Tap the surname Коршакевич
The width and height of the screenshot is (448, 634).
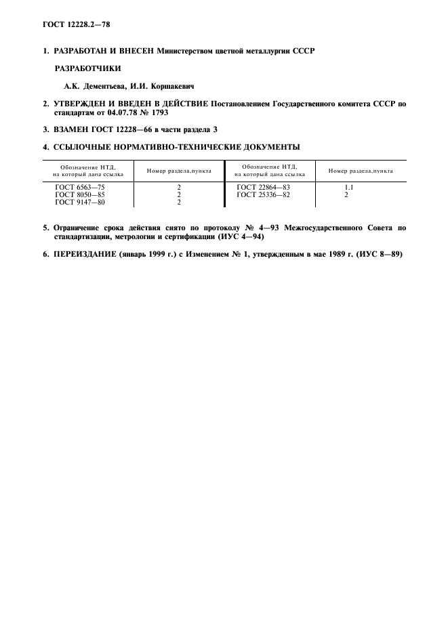pos(169,86)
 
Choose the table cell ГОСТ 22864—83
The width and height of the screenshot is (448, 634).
pos(264,186)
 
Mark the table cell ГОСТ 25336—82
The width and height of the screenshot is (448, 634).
pos(264,194)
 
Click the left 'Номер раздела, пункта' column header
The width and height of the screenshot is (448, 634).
pos(179,170)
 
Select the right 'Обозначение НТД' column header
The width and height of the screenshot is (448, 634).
pos(269,170)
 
